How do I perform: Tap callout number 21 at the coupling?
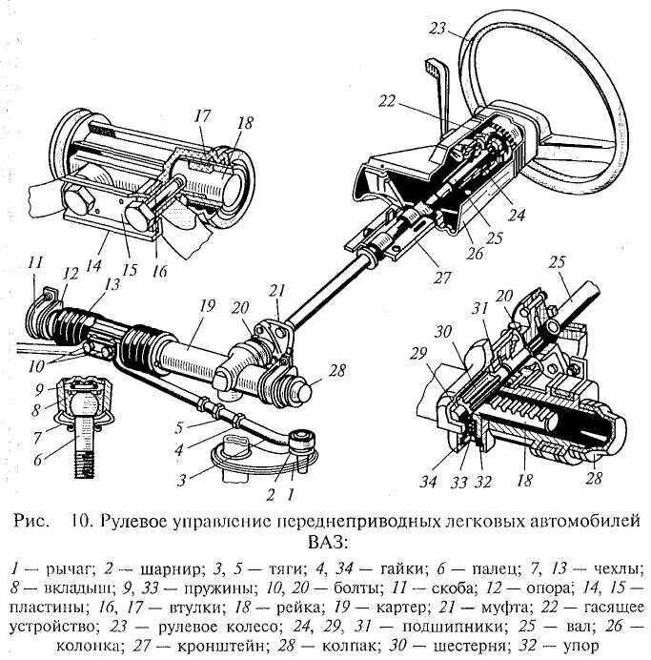pos(276,289)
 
